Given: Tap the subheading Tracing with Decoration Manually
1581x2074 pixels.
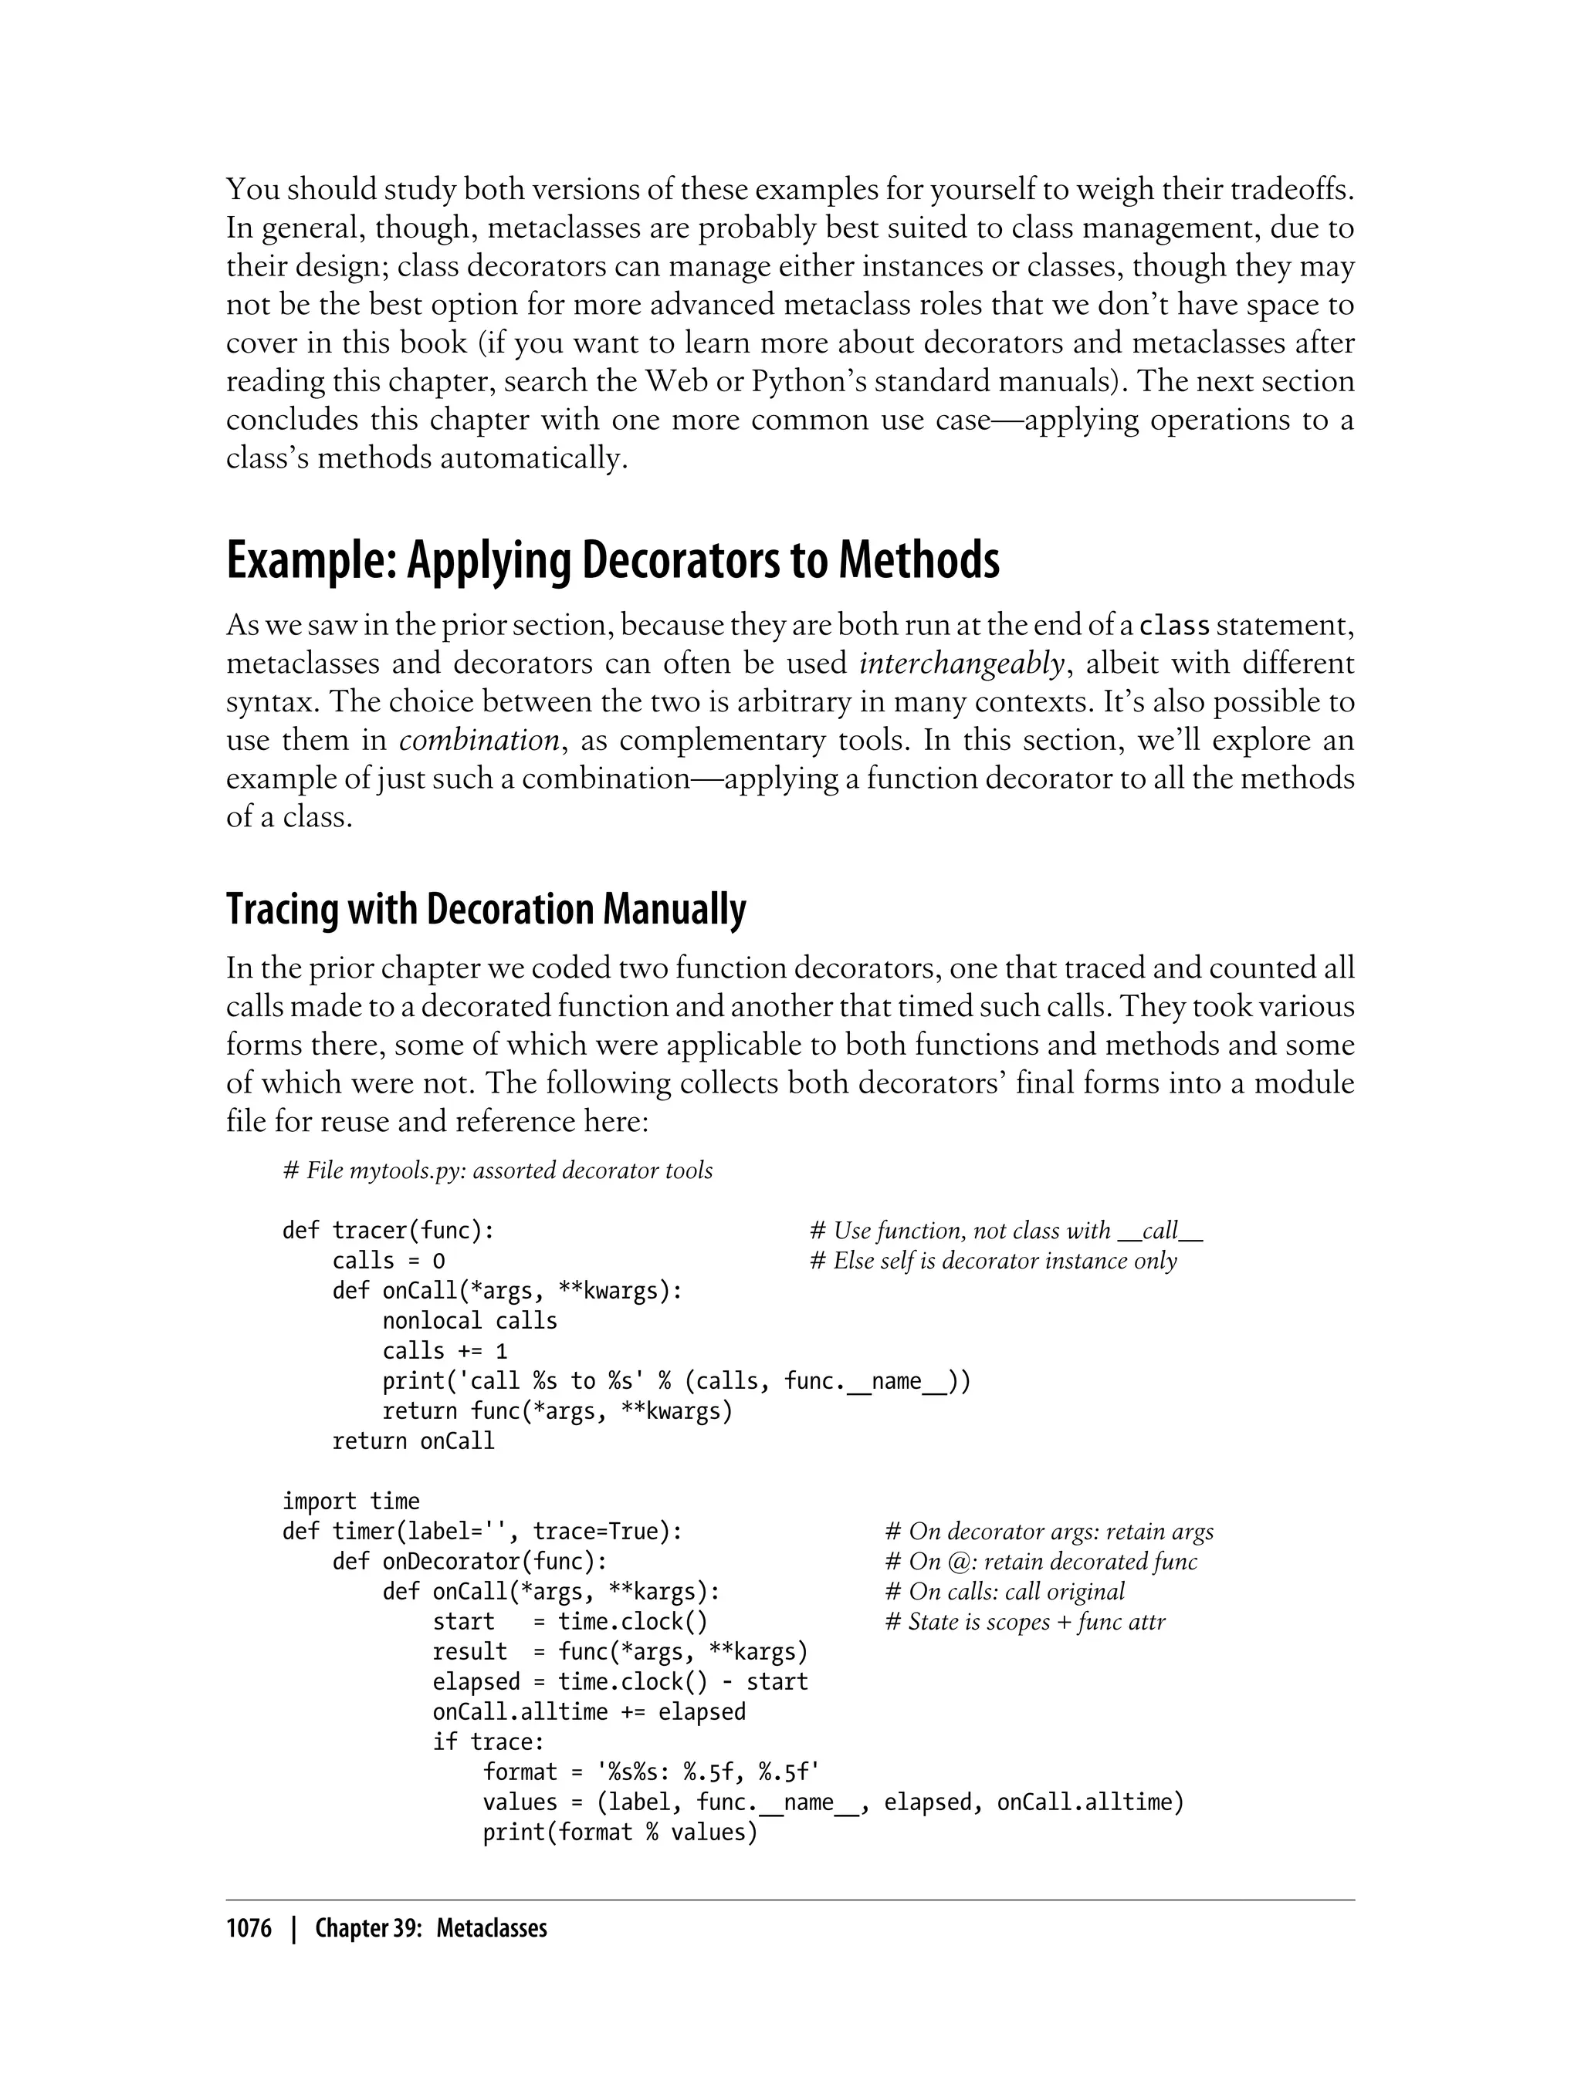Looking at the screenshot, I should coord(486,910).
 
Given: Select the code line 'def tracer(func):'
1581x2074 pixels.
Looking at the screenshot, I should coord(388,1231).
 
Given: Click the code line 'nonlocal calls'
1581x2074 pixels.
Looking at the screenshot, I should coord(469,1321).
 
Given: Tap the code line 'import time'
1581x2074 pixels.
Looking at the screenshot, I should coord(350,1501).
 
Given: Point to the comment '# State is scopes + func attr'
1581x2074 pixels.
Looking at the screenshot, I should coord(1025,1622).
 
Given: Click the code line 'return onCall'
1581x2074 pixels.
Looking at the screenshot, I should coord(413,1441).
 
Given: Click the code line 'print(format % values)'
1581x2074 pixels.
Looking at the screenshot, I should coord(620,1832).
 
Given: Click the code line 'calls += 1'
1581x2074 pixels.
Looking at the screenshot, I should coord(444,1351).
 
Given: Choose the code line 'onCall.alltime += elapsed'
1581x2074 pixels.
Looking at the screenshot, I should coord(589,1712).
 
